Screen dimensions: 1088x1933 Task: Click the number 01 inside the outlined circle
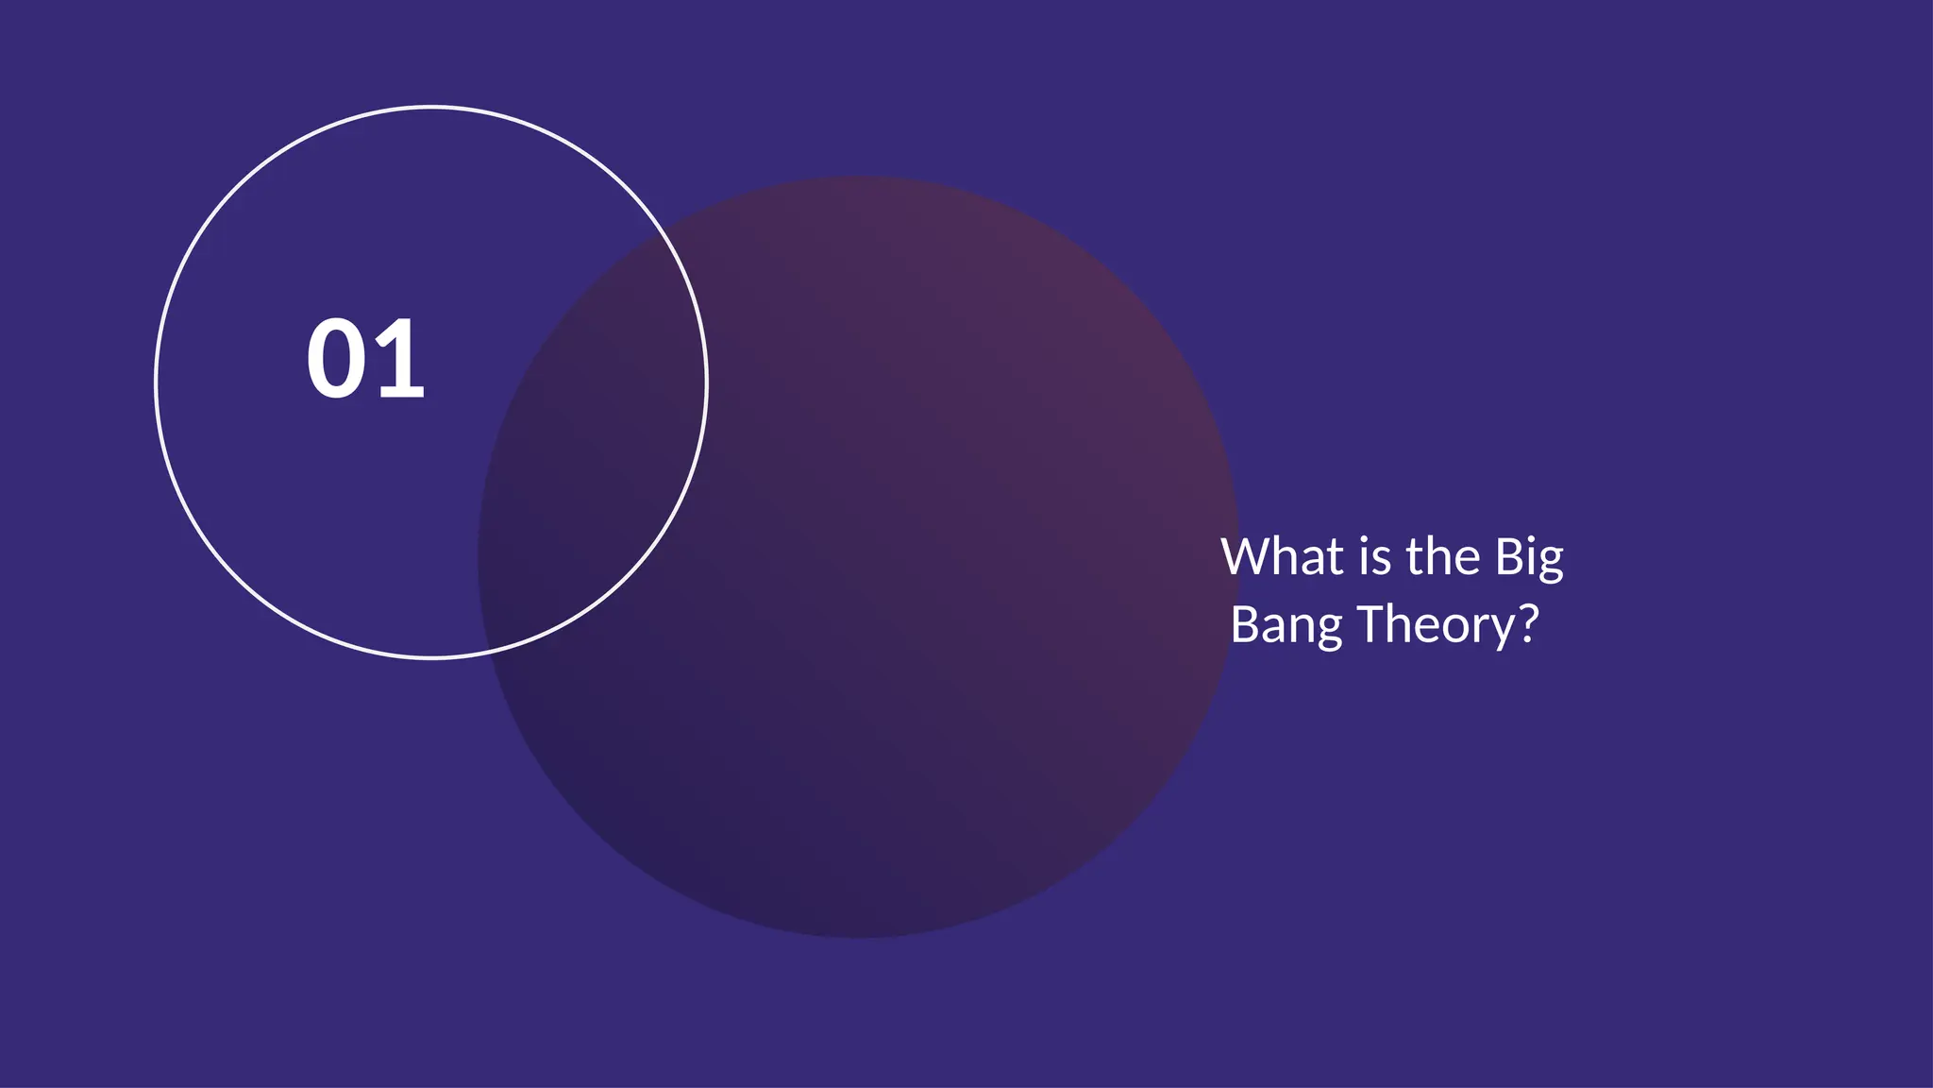pyautogui.click(x=365, y=359)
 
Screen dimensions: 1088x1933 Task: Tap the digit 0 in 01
pyautogui.click(x=335, y=359)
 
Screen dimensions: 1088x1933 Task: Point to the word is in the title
pyautogui.click(x=1375, y=556)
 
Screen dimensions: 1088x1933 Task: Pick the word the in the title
pyautogui.click(x=1443, y=556)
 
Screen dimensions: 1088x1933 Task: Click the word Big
pyautogui.click(x=1529, y=558)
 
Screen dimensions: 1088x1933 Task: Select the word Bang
pyautogui.click(x=1286, y=626)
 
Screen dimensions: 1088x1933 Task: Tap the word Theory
pyautogui.click(x=1436, y=625)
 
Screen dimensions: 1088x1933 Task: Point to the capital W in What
pyautogui.click(x=1246, y=556)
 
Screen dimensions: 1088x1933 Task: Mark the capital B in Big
pyautogui.click(x=1508, y=556)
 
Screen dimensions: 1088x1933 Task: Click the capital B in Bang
pyautogui.click(x=1244, y=624)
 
